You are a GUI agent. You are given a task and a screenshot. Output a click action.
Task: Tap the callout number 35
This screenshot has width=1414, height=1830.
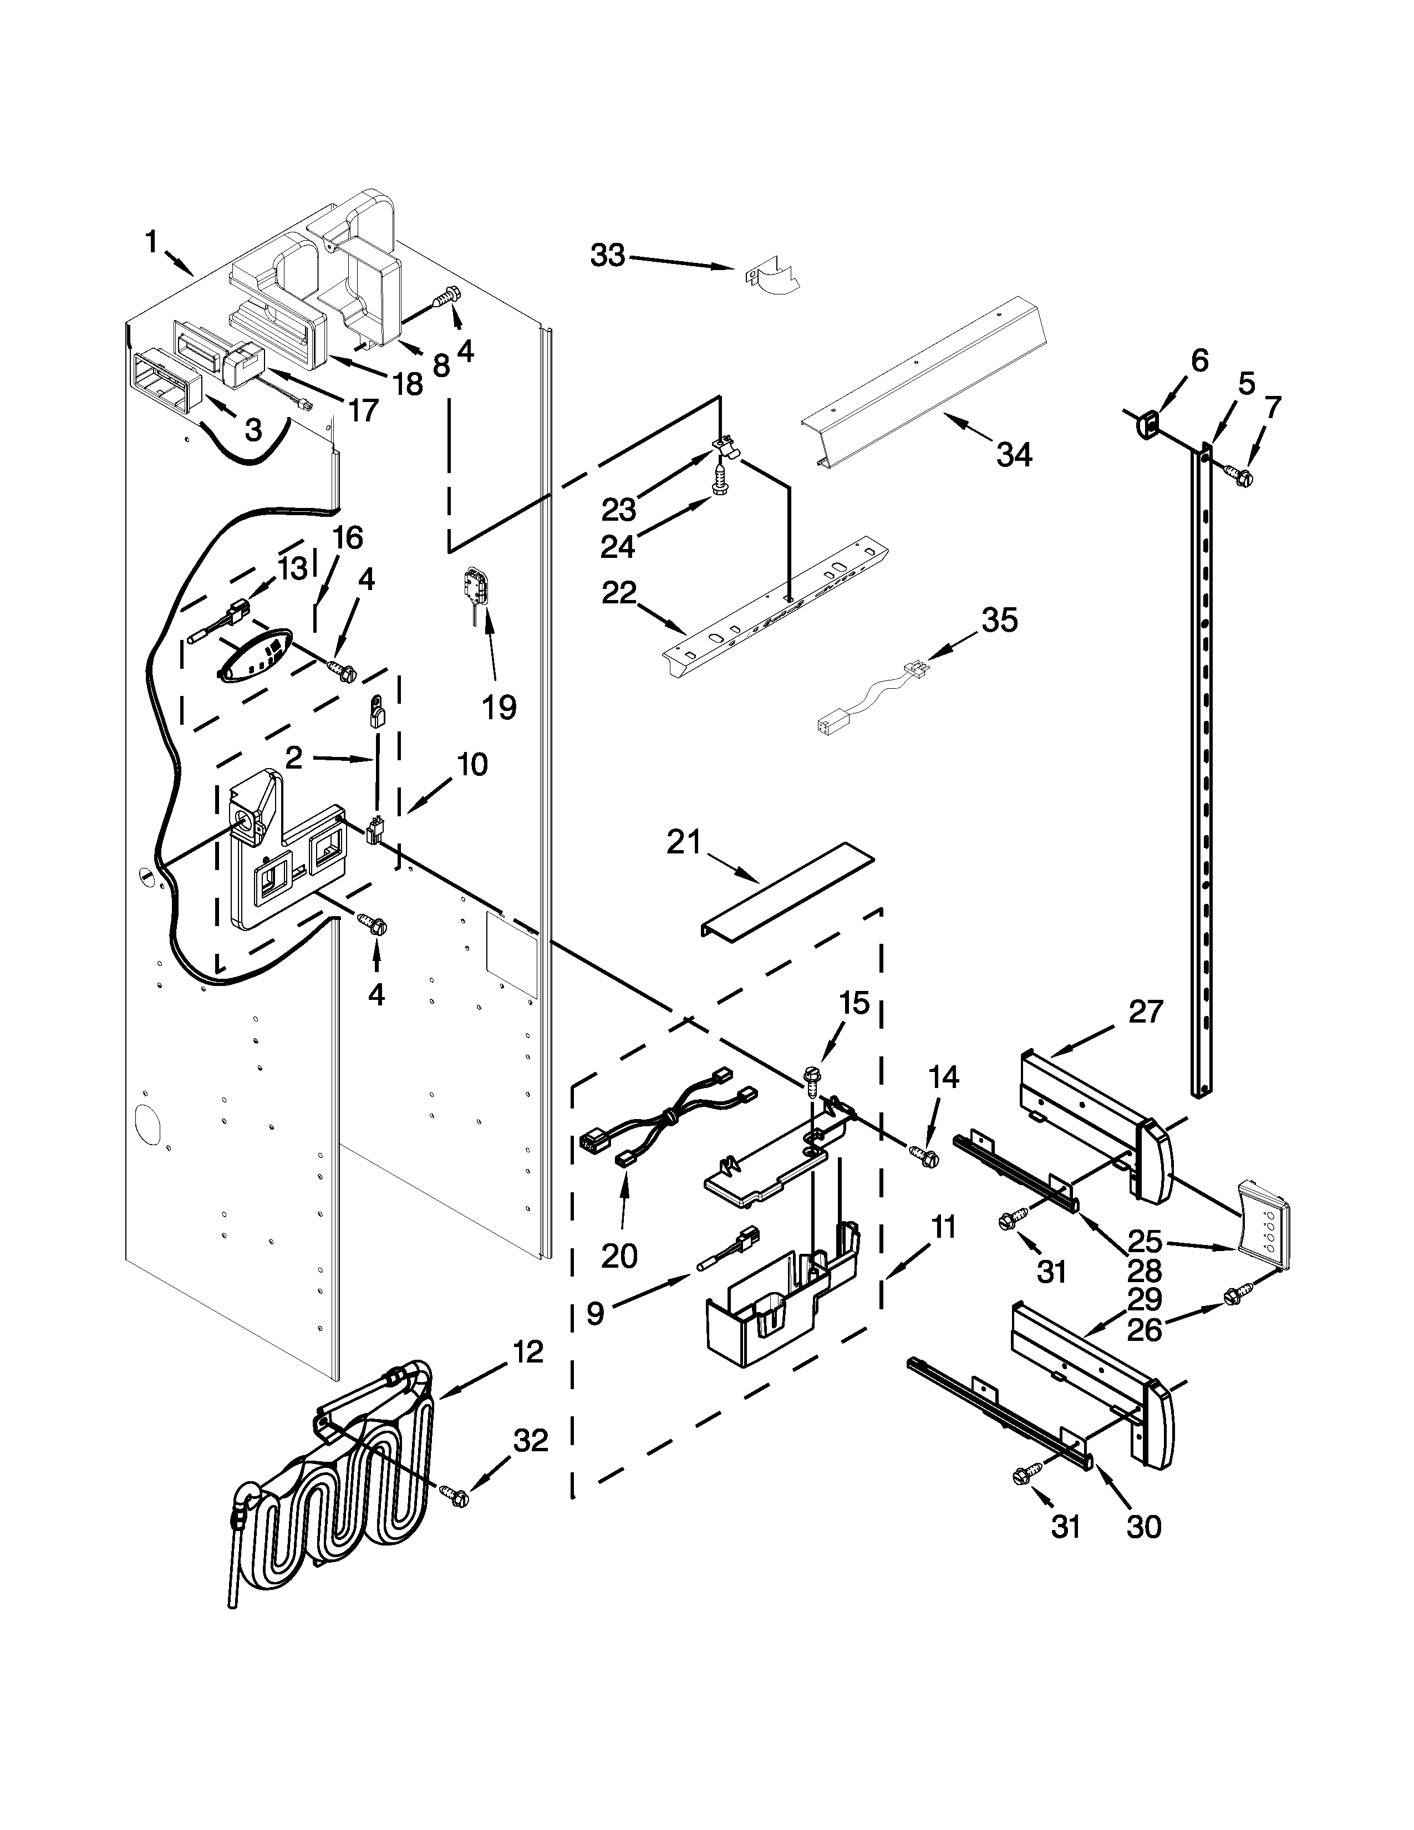tap(999, 621)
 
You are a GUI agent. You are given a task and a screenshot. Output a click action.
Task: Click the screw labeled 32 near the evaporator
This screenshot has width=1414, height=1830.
tap(453, 1492)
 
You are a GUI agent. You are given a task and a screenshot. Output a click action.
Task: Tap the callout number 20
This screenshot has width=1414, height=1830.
tap(619, 1256)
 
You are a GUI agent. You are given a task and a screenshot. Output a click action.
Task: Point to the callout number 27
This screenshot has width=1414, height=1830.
tap(1145, 1012)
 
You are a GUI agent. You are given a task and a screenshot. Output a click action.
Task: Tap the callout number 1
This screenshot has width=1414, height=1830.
tap(151, 243)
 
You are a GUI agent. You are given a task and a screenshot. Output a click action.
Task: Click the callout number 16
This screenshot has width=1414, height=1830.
tap(346, 537)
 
